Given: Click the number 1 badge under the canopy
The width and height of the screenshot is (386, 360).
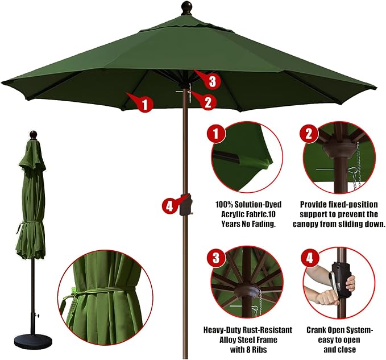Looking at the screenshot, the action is pyautogui.click(x=145, y=104).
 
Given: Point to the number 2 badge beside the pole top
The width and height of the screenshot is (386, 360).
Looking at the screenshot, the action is pyautogui.click(x=208, y=102).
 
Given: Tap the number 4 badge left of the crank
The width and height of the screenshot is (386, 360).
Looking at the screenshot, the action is pyautogui.click(x=171, y=206).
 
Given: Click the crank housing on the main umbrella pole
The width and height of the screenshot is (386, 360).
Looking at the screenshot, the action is pyautogui.click(x=186, y=205).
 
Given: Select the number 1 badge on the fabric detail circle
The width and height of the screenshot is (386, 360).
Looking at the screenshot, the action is pyautogui.click(x=216, y=133).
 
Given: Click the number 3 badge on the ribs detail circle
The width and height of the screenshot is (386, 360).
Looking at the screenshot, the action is pyautogui.click(x=216, y=258).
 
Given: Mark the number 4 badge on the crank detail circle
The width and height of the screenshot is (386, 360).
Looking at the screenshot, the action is pyautogui.click(x=309, y=258).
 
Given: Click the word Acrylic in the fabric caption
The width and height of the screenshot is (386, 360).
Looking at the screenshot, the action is pyautogui.click(x=232, y=214).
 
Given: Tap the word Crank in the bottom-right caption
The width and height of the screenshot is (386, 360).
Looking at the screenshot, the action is pyautogui.click(x=317, y=330).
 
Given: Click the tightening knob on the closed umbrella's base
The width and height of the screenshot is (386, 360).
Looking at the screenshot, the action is pyautogui.click(x=37, y=315).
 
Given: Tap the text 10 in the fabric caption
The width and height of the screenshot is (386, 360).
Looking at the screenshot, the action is pyautogui.click(x=272, y=214).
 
